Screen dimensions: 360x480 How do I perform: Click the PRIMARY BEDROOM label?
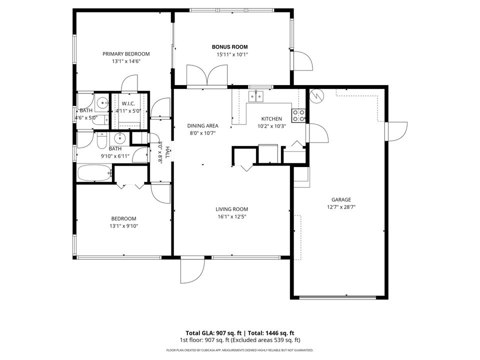tap(126, 54)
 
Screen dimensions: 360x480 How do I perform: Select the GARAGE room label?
tap(341, 198)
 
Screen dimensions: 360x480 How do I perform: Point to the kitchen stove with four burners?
tap(298, 115)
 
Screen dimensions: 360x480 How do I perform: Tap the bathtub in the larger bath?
tap(94, 173)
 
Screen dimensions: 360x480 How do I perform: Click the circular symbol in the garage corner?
tap(315, 95)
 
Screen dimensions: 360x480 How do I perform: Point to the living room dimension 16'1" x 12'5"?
tap(231, 216)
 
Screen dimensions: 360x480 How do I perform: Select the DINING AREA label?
tap(201, 126)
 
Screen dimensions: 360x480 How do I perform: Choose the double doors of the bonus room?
tap(206, 76)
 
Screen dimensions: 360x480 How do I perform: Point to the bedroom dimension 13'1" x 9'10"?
tap(123, 226)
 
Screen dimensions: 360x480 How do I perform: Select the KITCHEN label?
tap(271, 119)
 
